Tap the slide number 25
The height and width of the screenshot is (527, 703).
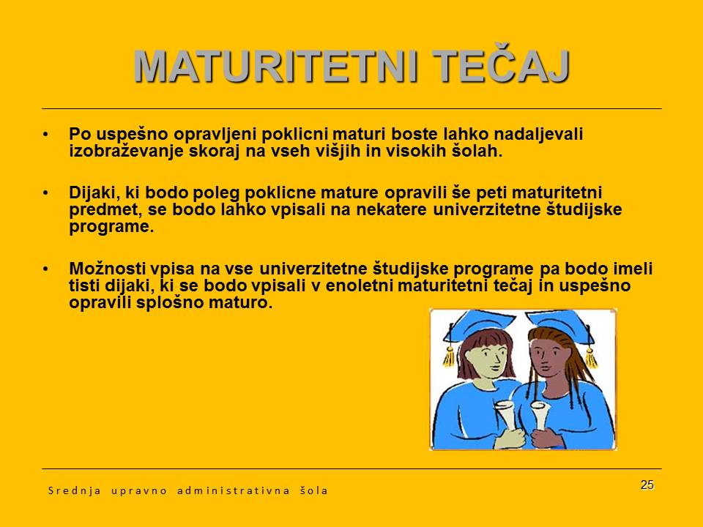[647, 485]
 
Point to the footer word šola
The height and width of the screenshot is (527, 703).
[313, 490]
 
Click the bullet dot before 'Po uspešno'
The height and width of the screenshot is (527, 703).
[46, 135]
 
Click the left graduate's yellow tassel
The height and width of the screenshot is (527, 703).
[448, 356]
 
